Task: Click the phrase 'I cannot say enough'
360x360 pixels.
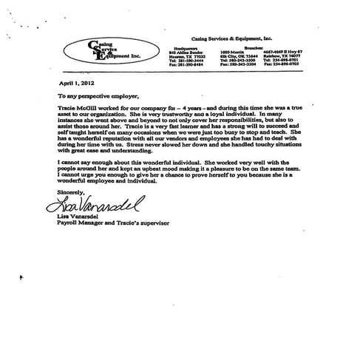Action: tap(84, 180)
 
